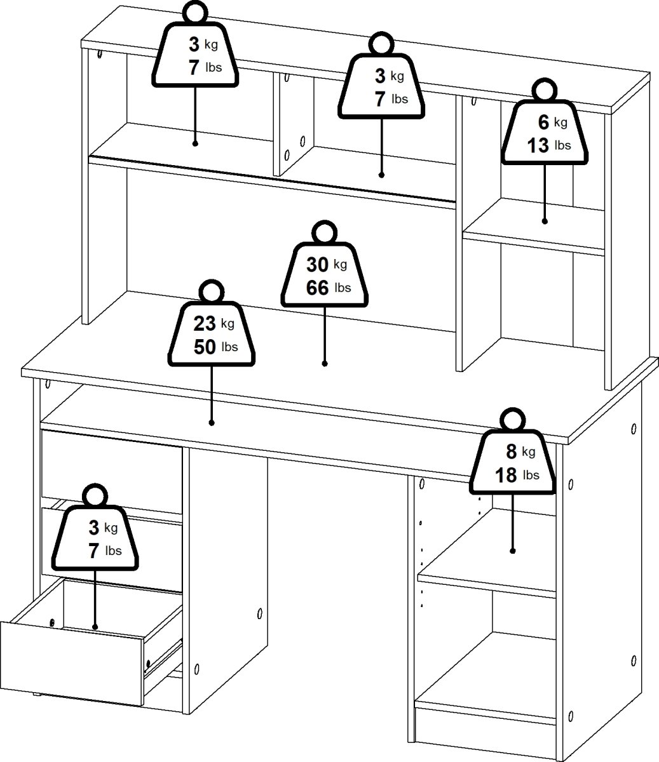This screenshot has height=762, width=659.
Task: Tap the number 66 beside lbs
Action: pos(318,288)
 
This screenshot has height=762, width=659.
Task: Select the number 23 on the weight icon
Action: pos(205,324)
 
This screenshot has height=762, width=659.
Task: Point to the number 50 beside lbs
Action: pos(205,347)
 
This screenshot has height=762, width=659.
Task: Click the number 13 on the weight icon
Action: pos(538,145)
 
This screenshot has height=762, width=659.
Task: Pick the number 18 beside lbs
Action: pos(506,475)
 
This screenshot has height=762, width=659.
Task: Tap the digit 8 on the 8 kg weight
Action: pos(511,452)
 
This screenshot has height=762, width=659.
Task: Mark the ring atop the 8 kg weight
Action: pos(512,420)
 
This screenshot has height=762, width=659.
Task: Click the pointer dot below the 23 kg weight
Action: pos(211,422)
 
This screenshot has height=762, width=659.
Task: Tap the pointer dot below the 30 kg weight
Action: pos(325,364)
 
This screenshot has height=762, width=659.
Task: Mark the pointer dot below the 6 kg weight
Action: pos(545,221)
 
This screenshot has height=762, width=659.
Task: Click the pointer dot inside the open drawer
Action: pos(95,627)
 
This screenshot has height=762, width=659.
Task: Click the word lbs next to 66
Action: pos(343,288)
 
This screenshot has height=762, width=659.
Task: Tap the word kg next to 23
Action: pos(228,324)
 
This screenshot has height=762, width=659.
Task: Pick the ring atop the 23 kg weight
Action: pos(211,292)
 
